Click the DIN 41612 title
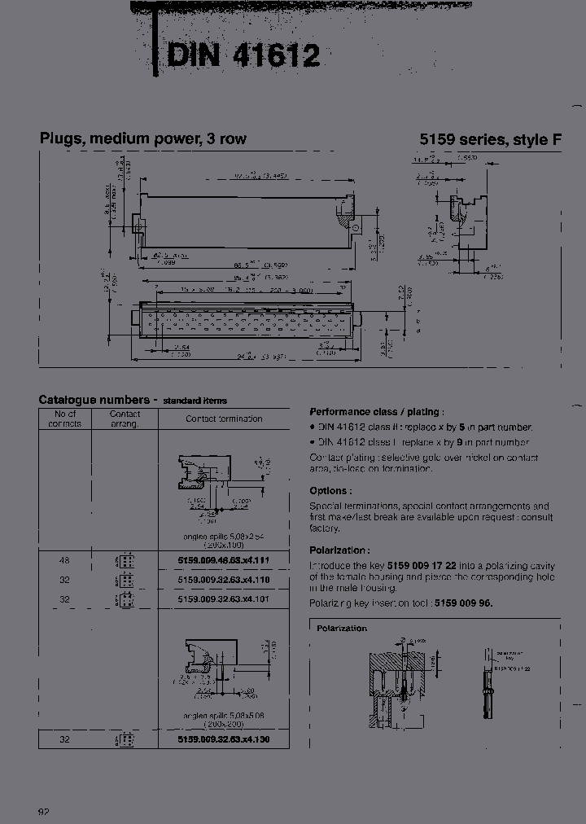(x=243, y=56)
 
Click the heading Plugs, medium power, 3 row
(x=142, y=138)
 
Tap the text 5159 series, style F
(x=490, y=139)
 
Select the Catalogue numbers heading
(x=98, y=400)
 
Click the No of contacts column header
(x=64, y=419)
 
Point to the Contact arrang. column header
(x=125, y=419)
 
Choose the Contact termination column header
(x=224, y=419)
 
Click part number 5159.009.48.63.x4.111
(x=223, y=559)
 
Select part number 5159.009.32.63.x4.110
(x=223, y=580)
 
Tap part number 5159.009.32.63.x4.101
(x=223, y=599)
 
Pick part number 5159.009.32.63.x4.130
(x=223, y=739)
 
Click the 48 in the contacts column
(x=64, y=559)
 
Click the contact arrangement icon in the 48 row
(x=125, y=560)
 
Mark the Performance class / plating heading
(x=376, y=412)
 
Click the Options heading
(x=330, y=491)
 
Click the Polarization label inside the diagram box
(x=342, y=628)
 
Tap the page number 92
(x=45, y=813)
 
